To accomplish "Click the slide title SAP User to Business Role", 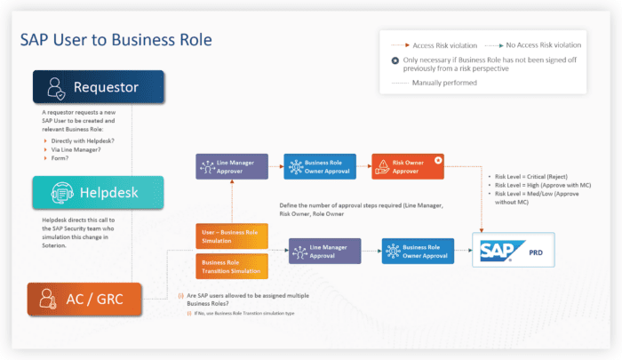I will [116, 41].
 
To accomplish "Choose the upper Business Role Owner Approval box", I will [319, 167].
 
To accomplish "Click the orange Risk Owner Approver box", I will [406, 167].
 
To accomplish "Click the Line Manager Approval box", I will [323, 251].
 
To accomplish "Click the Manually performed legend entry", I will [443, 83].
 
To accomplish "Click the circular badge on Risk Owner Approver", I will [438, 159].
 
